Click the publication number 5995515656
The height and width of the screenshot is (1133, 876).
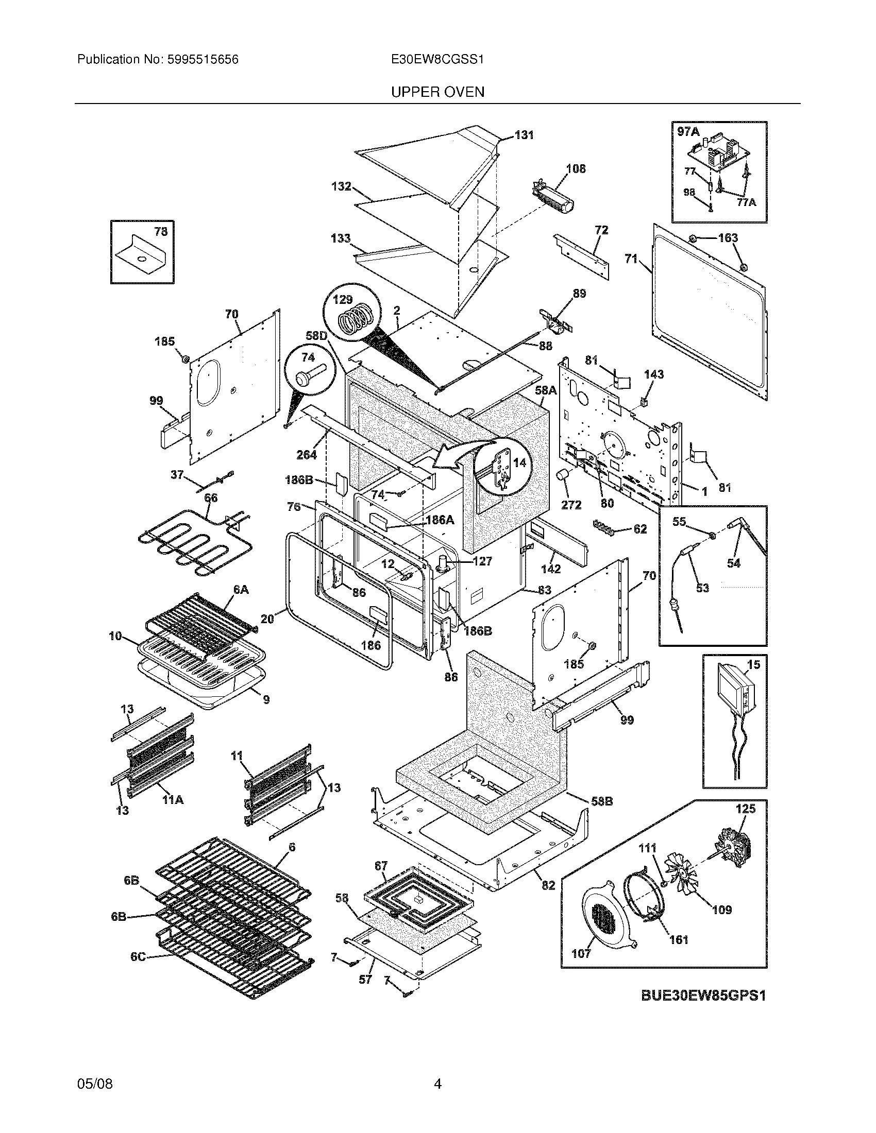click(x=203, y=60)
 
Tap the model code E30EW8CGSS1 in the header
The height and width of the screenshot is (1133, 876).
click(x=437, y=60)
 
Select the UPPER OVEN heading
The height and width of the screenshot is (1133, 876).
click(x=437, y=92)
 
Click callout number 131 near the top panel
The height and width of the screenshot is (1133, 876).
click(x=524, y=135)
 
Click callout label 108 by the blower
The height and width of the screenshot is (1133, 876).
click(x=576, y=168)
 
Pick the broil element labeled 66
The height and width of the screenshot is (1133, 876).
click(x=192, y=542)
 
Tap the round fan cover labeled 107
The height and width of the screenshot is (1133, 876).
click(x=605, y=919)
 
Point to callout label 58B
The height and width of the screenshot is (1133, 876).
click(x=602, y=801)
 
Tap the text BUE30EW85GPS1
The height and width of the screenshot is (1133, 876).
click(x=703, y=995)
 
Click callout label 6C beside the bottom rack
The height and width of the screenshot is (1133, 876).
click(x=138, y=957)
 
